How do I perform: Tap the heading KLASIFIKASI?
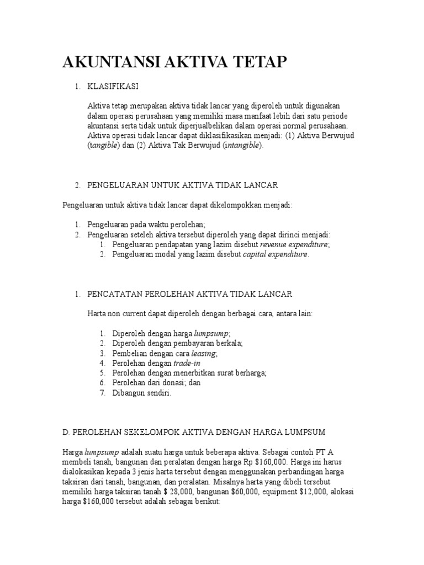113,86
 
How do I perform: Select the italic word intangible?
241,146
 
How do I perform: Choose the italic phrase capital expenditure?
276,254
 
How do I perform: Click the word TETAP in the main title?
261,62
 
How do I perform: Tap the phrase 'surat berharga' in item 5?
241,373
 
